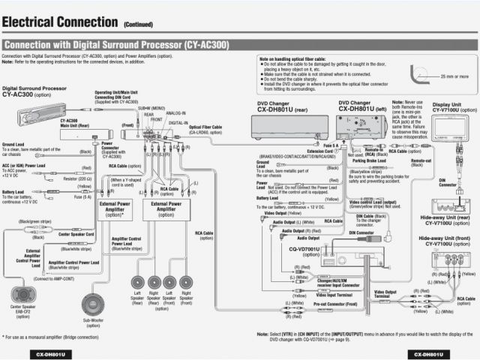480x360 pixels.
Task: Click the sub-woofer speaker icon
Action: (x=92, y=304)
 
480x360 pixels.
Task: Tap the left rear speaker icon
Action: (x=137, y=283)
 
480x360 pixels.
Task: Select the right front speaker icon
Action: (x=187, y=283)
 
